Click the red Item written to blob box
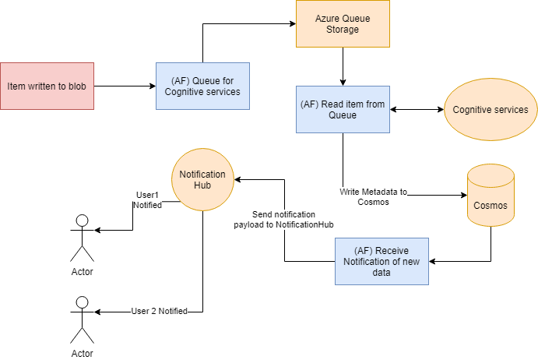coord(47,85)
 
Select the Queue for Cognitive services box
coord(202,85)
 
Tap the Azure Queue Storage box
coord(343,23)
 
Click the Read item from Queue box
coord(343,109)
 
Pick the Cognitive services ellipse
coord(491,110)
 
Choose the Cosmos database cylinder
coord(491,205)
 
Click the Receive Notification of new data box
coord(382,260)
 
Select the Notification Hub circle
coord(202,180)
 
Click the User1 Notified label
coord(147,200)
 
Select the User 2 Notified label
coord(159,311)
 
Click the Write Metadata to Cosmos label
coord(373,196)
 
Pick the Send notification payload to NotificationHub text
coord(283,219)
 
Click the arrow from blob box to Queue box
coord(125,85)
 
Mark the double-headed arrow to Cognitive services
coord(417,110)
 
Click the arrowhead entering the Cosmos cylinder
coord(462,196)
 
